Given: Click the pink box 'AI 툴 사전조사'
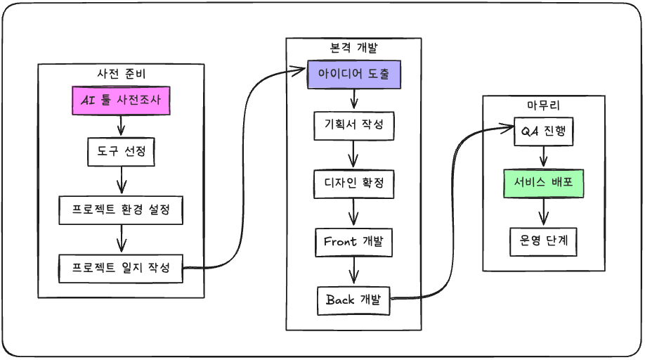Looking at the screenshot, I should pos(121,101).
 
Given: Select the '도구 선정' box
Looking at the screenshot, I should pos(121,150).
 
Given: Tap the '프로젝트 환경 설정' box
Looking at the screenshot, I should pos(121,210).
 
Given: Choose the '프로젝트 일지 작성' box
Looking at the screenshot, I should pos(121,268).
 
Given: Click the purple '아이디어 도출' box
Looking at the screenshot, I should pos(353,74).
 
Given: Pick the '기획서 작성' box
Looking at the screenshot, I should pos(353,126).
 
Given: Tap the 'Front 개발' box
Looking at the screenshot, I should pos(353,242).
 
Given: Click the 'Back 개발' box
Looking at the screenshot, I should pos(353,300).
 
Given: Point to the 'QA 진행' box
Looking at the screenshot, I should pos(544,131).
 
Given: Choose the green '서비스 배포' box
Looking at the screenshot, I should pos(544,184).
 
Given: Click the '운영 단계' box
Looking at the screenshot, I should pos(544,241).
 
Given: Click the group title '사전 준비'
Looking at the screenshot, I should pos(121,72).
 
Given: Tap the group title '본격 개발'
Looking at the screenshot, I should pos(353,47).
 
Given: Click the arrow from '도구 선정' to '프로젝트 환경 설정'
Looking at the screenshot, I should pos(121,179).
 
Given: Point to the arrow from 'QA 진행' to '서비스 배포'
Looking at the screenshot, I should pos(544,157).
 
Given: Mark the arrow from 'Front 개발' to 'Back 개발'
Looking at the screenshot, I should pos(353,271).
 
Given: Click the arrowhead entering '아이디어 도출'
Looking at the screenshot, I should pos(301,70).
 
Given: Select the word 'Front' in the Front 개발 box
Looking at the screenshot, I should pos(340,242).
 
